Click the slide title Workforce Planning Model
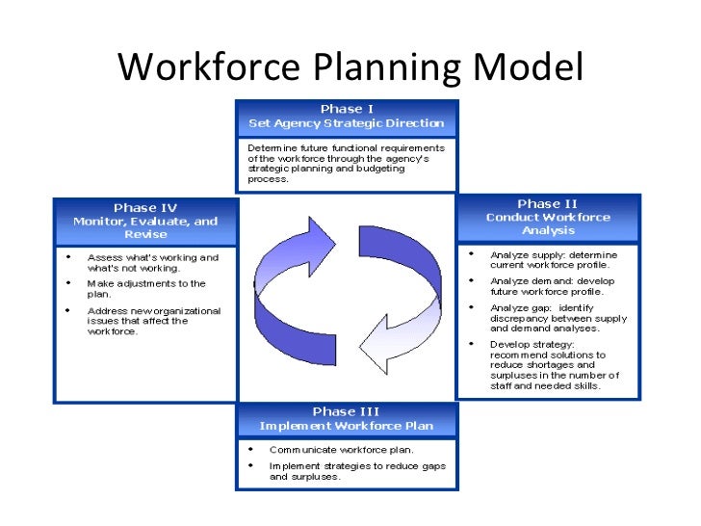[350, 66]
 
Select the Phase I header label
[347, 109]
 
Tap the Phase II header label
[547, 203]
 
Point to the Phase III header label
[346, 411]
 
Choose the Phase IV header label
[145, 207]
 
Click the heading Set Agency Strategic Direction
[347, 123]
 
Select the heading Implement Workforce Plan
[346, 426]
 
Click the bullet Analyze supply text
[553, 259]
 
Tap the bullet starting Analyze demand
[553, 286]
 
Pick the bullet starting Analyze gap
[558, 317]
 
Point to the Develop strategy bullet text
[554, 364]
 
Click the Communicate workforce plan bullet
[341, 449]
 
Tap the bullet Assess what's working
[152, 263]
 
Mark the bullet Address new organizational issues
[153, 321]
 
